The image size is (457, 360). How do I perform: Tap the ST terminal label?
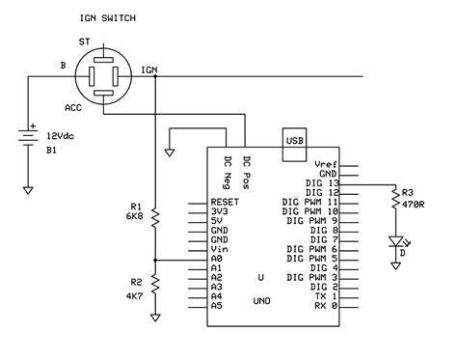(84, 42)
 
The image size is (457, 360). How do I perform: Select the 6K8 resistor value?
(135, 217)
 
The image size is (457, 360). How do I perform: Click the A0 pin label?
(218, 260)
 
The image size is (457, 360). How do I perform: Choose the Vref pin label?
(327, 165)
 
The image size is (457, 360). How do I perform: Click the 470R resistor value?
(415, 205)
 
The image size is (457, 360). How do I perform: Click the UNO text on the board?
(260, 300)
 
